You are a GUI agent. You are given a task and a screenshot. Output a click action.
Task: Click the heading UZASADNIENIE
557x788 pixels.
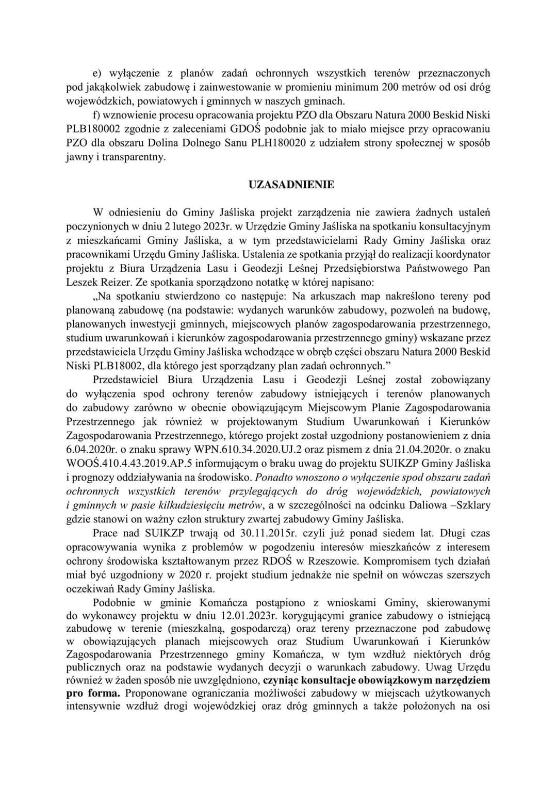pos(291,185)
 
